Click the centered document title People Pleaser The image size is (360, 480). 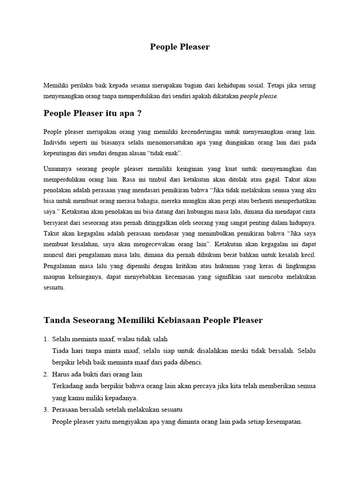tap(180, 46)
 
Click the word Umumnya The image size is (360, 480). tap(58, 168)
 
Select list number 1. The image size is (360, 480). tap(46, 338)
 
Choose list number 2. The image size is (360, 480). tap(46, 374)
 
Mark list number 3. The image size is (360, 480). tap(46, 410)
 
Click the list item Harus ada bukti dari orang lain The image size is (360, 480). tap(97, 374)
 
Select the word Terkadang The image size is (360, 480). tap(67, 386)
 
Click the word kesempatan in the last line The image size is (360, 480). tap(285, 421)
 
